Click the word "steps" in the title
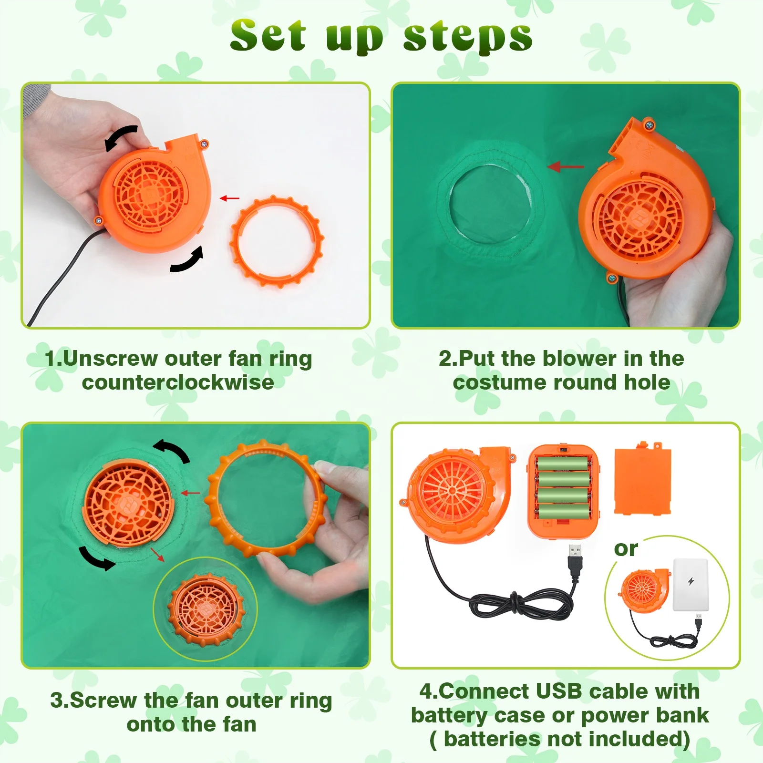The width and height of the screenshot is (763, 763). click(468, 36)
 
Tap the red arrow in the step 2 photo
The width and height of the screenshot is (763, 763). click(566, 167)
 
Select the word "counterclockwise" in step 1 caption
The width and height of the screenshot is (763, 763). click(178, 382)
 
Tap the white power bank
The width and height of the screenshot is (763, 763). click(691, 584)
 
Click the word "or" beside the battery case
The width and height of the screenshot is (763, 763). click(626, 549)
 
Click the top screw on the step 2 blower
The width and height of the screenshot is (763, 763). click(649, 125)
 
